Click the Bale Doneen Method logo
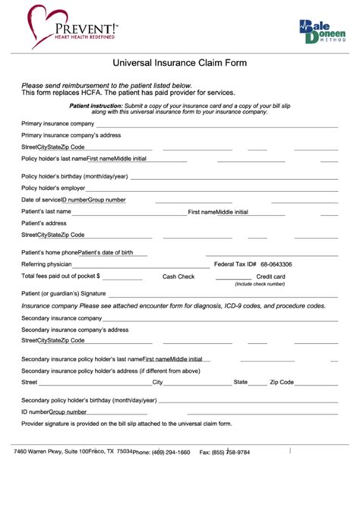click(x=321, y=31)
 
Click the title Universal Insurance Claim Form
click(x=179, y=65)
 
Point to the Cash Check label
click(x=178, y=276)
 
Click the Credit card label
click(x=271, y=276)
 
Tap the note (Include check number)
click(x=260, y=284)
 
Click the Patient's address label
click(x=44, y=223)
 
